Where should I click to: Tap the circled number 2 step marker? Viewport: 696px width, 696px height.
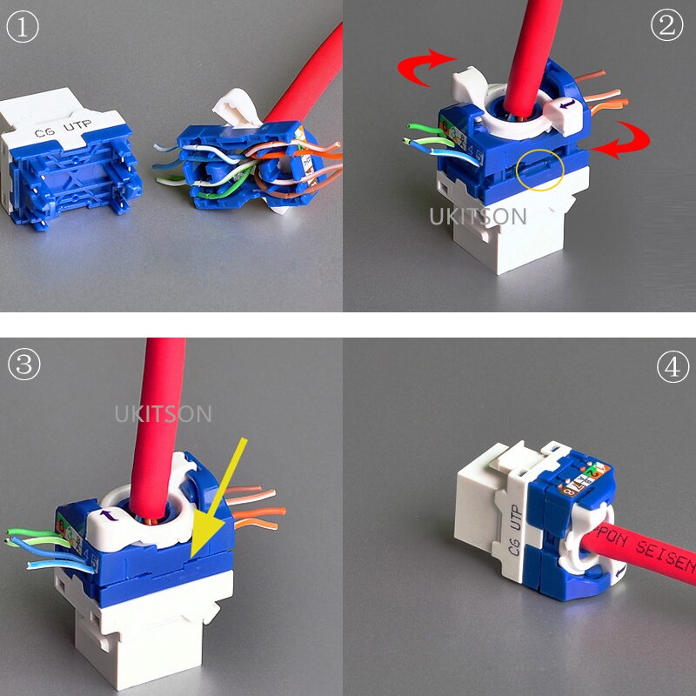pyautogui.click(x=667, y=25)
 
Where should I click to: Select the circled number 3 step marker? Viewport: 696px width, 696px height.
pyautogui.click(x=23, y=365)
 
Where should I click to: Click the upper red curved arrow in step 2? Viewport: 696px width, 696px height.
pyautogui.click(x=426, y=68)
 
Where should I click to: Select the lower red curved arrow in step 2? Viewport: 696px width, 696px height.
pyautogui.click(x=621, y=140)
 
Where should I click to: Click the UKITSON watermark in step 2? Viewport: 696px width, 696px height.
pyautogui.click(x=478, y=216)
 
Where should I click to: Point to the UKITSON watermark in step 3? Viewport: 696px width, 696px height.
pyautogui.click(x=164, y=413)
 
